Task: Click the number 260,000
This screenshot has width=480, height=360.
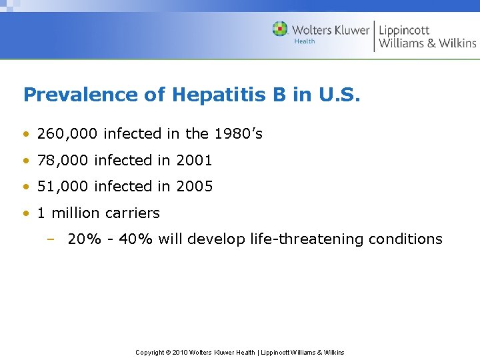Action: [x=68, y=134]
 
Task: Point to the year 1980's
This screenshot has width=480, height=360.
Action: [x=238, y=134]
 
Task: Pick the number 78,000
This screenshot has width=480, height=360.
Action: [x=63, y=161]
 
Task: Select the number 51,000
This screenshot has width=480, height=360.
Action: [x=63, y=187]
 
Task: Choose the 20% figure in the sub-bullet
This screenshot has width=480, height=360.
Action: [x=81, y=239]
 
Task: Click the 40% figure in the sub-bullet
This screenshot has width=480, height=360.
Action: [x=136, y=239]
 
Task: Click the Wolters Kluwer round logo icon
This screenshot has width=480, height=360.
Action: [x=280, y=29]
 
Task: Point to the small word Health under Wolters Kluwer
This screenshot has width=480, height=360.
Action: [x=305, y=41]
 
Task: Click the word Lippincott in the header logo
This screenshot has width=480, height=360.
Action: [x=404, y=30]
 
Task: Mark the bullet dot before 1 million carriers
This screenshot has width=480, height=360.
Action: [x=25, y=213]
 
